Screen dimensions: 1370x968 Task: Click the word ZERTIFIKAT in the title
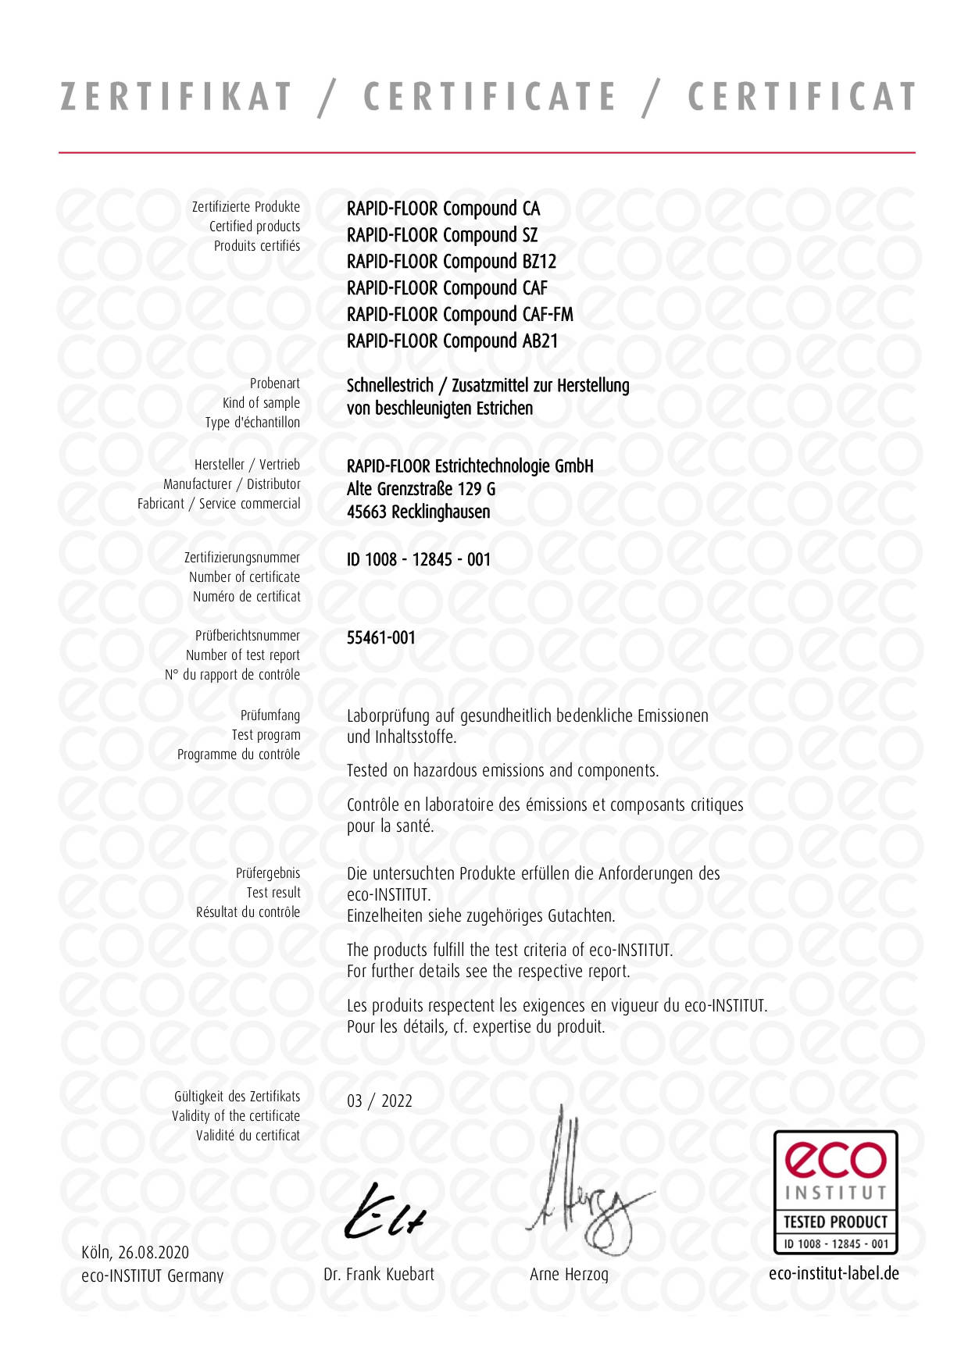177,98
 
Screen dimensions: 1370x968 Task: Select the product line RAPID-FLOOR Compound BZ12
452,262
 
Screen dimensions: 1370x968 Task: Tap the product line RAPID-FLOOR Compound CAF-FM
460,315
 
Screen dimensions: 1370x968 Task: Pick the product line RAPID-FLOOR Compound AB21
452,341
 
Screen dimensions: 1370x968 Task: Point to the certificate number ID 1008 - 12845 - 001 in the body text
419,559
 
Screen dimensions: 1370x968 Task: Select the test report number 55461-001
381,637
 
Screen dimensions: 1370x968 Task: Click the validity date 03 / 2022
380,1101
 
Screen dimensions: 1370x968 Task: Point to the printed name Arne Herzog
569,1275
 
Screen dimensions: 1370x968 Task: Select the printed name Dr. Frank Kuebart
379,1275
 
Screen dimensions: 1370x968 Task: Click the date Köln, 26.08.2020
135,1253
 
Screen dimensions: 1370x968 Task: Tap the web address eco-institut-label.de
834,1274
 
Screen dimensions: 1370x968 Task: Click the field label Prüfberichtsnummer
248,636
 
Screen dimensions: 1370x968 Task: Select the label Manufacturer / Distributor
232,484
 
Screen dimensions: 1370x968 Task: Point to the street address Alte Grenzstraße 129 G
421,489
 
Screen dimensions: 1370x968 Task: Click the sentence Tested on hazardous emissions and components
502,771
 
